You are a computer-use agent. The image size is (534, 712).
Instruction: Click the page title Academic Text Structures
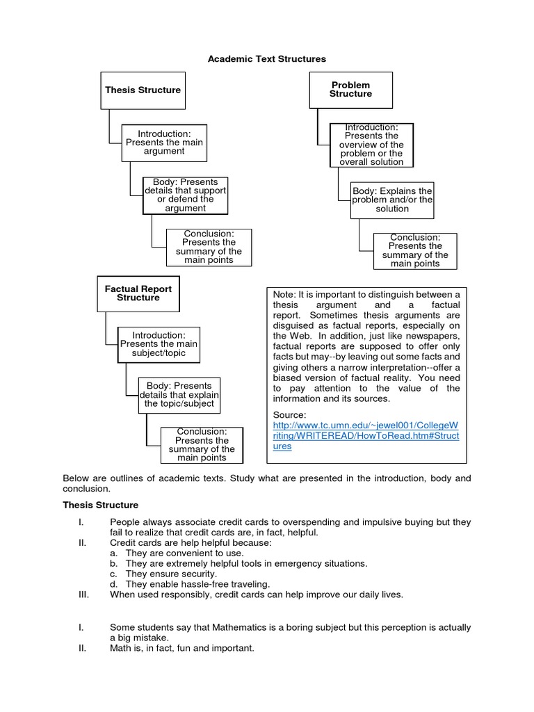click(267, 59)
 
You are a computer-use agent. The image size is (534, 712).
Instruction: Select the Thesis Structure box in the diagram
click(143, 90)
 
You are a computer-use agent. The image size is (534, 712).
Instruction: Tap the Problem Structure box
click(350, 90)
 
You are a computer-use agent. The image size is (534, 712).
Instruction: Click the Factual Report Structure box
click(138, 293)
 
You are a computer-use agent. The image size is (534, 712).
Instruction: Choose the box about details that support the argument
click(185, 195)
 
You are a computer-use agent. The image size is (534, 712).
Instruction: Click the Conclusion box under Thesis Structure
click(209, 247)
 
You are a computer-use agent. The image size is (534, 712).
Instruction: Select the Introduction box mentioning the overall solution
click(371, 145)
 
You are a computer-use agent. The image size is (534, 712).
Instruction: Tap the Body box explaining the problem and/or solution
click(392, 200)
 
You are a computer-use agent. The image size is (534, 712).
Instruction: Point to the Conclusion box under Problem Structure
click(415, 250)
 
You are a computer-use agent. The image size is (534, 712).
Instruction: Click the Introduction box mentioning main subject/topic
click(159, 344)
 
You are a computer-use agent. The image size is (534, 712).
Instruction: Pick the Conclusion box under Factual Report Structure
click(202, 445)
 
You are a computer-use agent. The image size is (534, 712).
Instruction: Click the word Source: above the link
click(289, 414)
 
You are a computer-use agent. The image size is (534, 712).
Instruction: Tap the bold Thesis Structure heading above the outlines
click(101, 505)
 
